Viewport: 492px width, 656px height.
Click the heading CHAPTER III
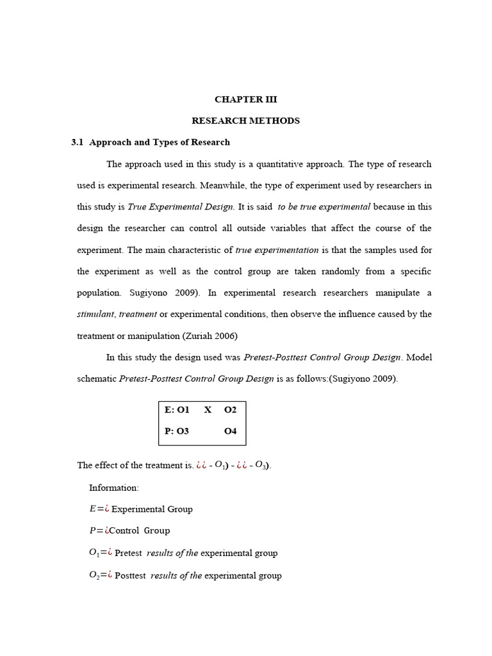246,99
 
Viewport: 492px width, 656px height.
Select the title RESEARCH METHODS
246,120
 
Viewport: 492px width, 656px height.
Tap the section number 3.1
78,142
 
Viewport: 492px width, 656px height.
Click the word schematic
97,379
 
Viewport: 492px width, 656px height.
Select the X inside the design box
208,410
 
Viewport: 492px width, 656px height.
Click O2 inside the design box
230,410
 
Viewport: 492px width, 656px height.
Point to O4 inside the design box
230,431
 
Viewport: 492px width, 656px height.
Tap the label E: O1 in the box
177,410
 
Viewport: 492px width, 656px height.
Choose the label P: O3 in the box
177,431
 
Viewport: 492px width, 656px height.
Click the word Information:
113,488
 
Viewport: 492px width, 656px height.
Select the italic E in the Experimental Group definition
92,509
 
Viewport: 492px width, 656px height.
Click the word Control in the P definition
124,530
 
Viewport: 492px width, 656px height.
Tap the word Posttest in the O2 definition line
130,575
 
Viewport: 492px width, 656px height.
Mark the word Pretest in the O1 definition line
128,553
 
